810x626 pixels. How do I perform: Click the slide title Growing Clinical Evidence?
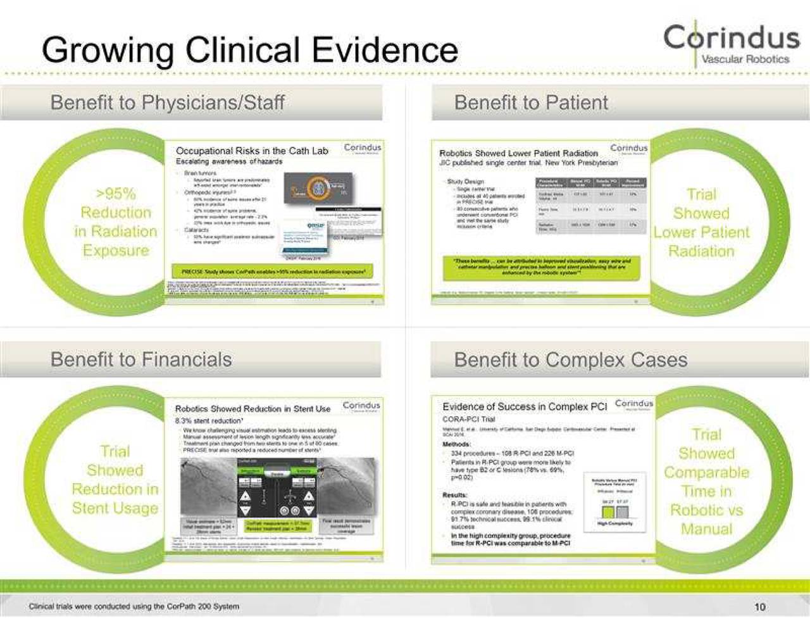pos(249,50)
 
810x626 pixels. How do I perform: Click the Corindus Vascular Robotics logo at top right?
pos(731,43)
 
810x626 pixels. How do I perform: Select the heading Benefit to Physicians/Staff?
pos(167,103)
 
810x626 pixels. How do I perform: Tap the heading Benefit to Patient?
pos(530,103)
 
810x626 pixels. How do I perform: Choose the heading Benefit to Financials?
pos(140,360)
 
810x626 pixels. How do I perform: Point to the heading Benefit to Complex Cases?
pos(570,360)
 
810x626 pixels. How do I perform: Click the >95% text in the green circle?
pos(116,194)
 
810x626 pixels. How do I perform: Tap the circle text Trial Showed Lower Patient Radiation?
pos(701,222)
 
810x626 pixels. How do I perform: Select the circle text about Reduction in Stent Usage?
pos(115,480)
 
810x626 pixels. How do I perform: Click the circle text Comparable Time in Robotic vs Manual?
pos(706,482)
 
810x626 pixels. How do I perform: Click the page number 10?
pos(759,606)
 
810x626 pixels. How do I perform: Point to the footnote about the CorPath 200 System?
pos(134,606)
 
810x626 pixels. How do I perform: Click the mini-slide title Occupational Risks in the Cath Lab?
pos(252,151)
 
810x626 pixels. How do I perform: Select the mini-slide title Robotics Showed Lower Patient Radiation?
pos(518,153)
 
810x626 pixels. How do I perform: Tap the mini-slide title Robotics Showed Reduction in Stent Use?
pos(252,409)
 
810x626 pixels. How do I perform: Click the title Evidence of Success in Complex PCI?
pos(524,407)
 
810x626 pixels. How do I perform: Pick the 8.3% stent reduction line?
pos(208,420)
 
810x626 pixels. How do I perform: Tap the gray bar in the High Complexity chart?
pos(622,511)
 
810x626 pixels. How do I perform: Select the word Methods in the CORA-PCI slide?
pos(456,444)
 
